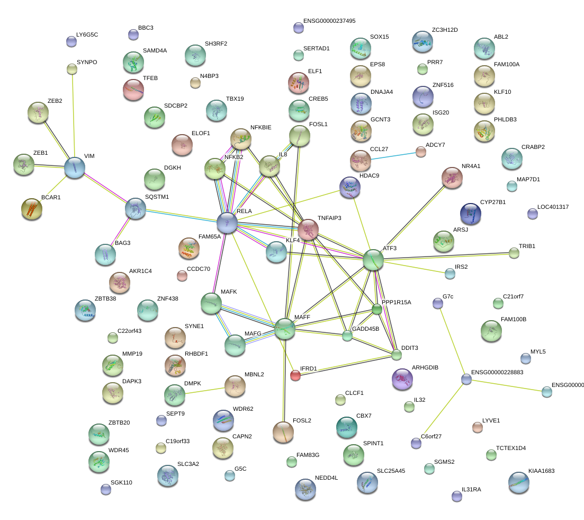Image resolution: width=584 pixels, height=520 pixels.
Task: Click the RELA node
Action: click(x=227, y=222)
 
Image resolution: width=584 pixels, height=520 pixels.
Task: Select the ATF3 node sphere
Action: click(x=373, y=260)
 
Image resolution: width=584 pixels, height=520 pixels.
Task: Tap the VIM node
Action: click(x=74, y=168)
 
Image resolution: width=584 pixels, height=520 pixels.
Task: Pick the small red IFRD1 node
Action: click(x=295, y=376)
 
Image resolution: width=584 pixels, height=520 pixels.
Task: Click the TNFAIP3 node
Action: click(x=308, y=230)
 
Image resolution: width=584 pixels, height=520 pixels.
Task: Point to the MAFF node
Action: click(x=285, y=329)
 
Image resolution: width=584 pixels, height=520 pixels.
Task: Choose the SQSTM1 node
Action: click(x=135, y=209)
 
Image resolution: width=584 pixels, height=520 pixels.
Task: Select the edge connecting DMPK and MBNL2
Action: click(x=204, y=390)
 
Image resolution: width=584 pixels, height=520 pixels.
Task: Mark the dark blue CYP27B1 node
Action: click(x=471, y=214)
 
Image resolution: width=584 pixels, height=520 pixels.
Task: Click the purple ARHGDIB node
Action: click(x=401, y=378)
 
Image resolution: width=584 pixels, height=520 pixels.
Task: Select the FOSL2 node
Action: click(x=283, y=432)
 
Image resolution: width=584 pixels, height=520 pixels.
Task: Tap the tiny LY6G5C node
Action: click(x=71, y=41)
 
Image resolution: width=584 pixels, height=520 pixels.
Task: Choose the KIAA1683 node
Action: click(x=518, y=482)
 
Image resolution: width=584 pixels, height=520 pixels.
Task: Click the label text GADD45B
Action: click(x=365, y=329)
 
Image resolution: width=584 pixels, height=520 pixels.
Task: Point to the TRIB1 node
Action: click(x=514, y=253)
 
